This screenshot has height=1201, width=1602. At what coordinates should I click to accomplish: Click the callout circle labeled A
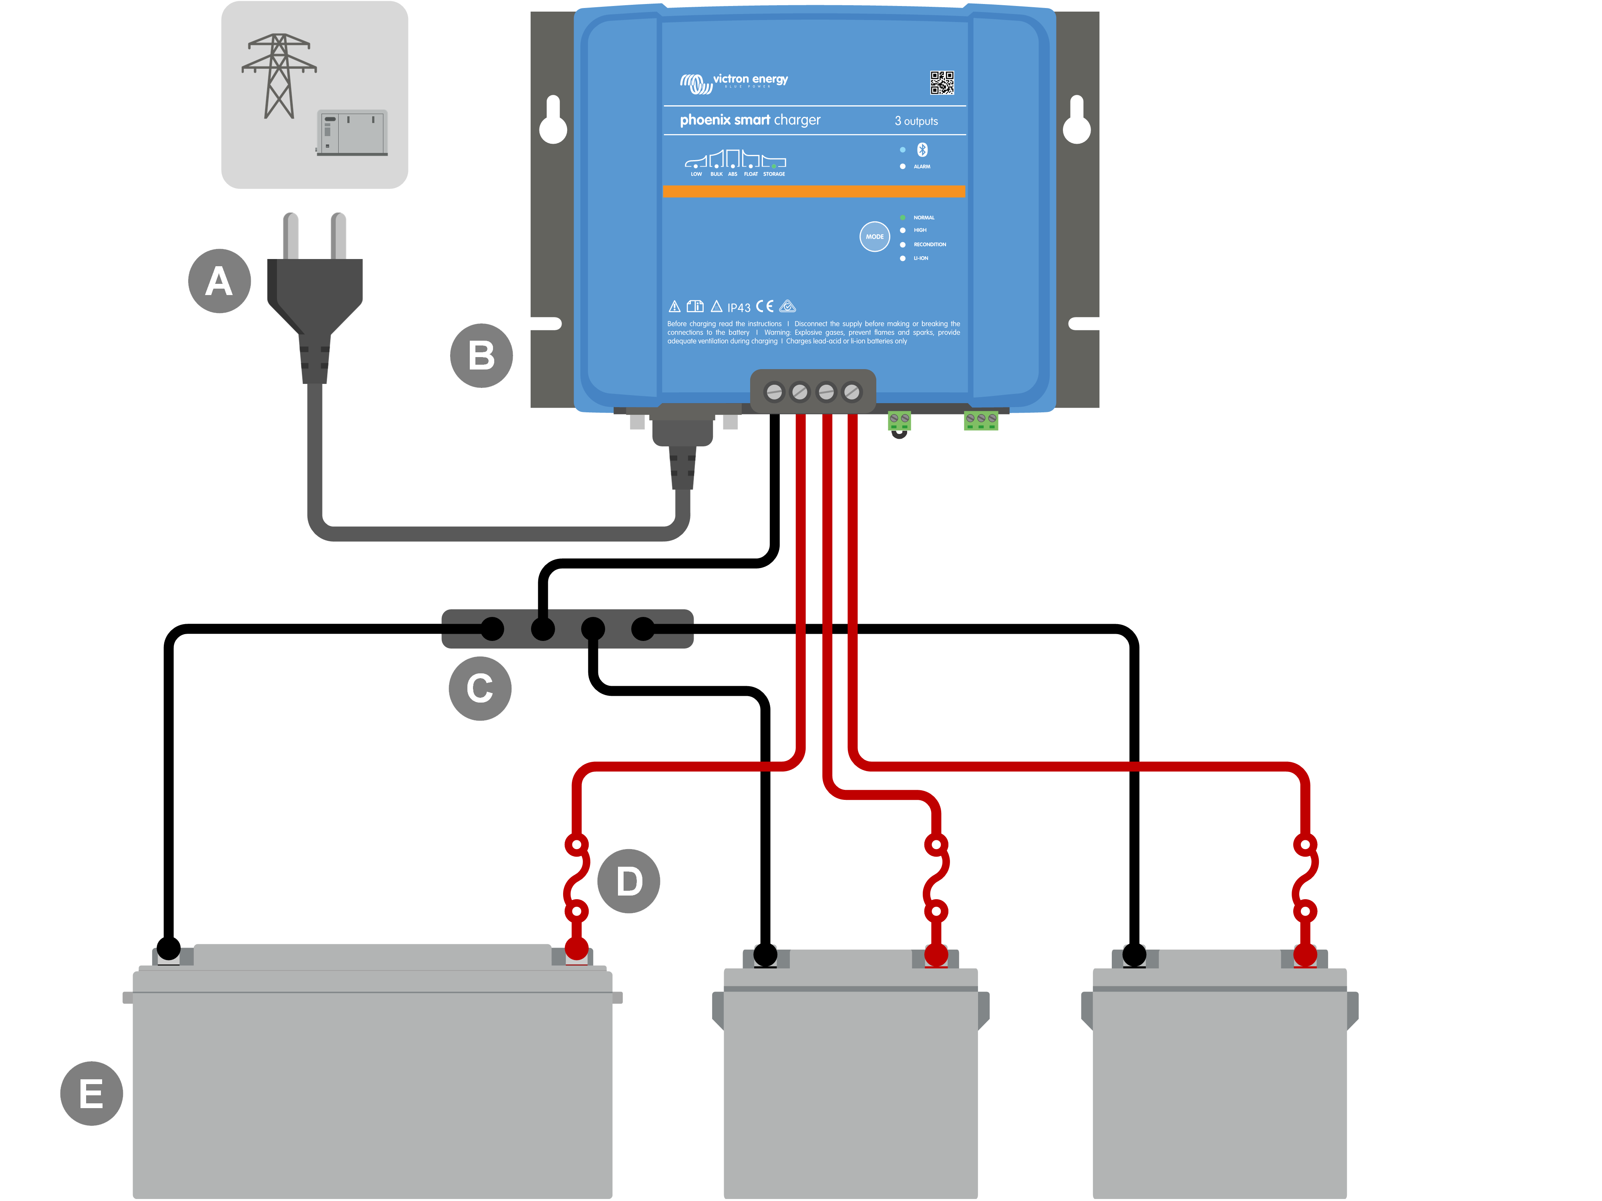pos(219,281)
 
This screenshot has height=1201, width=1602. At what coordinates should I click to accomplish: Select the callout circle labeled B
pos(482,355)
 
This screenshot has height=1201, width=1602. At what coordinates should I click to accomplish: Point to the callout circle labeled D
pos(629,881)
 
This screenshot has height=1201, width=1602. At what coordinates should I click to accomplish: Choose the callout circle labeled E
pos(91,1093)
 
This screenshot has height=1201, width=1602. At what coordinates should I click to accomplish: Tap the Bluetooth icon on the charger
pos(922,149)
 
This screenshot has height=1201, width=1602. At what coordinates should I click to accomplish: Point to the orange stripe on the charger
pos(814,191)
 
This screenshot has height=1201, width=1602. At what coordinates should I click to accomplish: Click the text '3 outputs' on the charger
pos(916,121)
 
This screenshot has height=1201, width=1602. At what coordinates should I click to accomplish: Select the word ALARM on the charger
pos(922,167)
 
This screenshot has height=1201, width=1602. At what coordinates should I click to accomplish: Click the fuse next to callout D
pos(576,878)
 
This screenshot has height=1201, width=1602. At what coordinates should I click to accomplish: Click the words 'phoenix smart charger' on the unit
pos(750,120)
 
